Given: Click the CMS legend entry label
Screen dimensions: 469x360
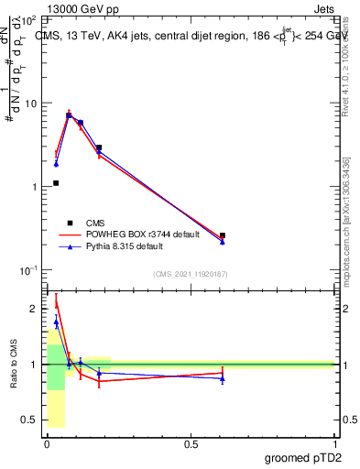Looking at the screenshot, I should pyautogui.click(x=96, y=223).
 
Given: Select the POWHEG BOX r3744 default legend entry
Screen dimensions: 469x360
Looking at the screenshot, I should pyautogui.click(x=134, y=234).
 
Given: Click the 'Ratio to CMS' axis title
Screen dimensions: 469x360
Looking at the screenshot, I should pyautogui.click(x=14, y=365).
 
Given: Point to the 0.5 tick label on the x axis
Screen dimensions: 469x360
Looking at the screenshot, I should pyautogui.click(x=191, y=443).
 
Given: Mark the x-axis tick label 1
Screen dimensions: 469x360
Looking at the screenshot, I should pyautogui.click(x=334, y=443).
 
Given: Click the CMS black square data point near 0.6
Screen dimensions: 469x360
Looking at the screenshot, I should pyautogui.click(x=223, y=235).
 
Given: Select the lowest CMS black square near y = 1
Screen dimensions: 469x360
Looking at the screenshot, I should pyautogui.click(x=56, y=183).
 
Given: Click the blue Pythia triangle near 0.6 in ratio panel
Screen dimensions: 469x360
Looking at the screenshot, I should pyautogui.click(x=223, y=378).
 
